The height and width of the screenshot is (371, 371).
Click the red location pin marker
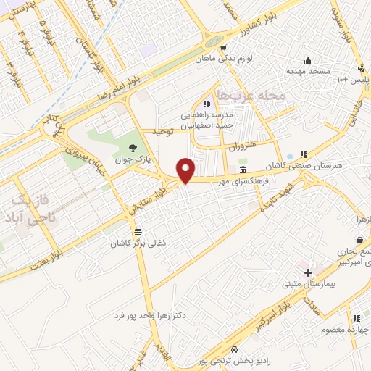pyautogui.click(x=186, y=170)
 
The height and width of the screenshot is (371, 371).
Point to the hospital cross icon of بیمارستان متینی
pyautogui.click(x=309, y=272)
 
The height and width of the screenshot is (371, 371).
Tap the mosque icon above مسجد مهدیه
pyautogui.click(x=309, y=60)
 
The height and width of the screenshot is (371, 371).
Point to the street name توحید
pyautogui.click(x=164, y=131)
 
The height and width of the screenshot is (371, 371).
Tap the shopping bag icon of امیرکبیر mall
pyautogui.click(x=359, y=240)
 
